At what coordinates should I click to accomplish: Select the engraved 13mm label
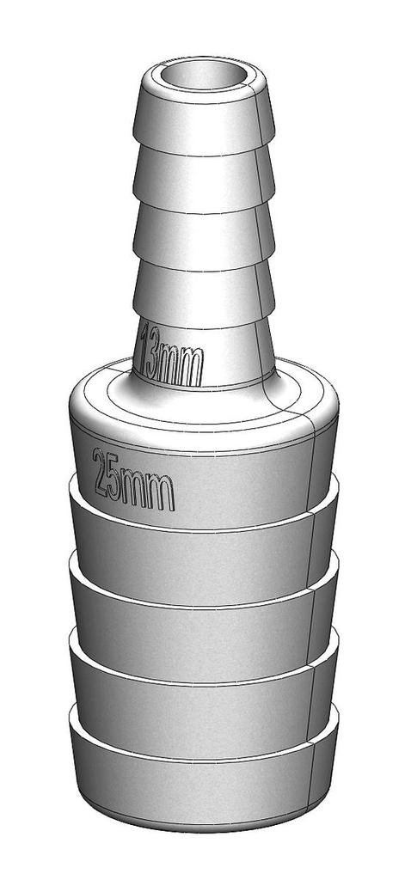[x=172, y=354]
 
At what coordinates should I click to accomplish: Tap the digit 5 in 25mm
[x=117, y=480]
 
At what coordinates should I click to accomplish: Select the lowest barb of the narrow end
[x=203, y=296]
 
